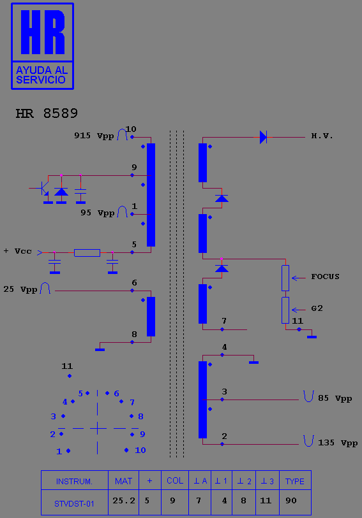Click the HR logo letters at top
point(43,32)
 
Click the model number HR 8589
point(47,113)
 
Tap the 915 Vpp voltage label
point(94,136)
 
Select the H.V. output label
point(322,136)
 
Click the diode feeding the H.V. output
point(264,137)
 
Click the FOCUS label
point(325,277)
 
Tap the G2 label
point(317,308)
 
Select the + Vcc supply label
point(18,251)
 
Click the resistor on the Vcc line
point(87,253)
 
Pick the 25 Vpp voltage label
point(20,289)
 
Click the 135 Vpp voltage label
point(338,443)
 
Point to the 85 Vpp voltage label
point(335,398)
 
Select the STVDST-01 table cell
point(75,502)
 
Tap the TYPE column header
point(295,481)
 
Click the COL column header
point(175,480)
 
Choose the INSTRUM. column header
point(75,481)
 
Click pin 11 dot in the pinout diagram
point(70,376)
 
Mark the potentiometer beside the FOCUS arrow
point(285,278)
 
